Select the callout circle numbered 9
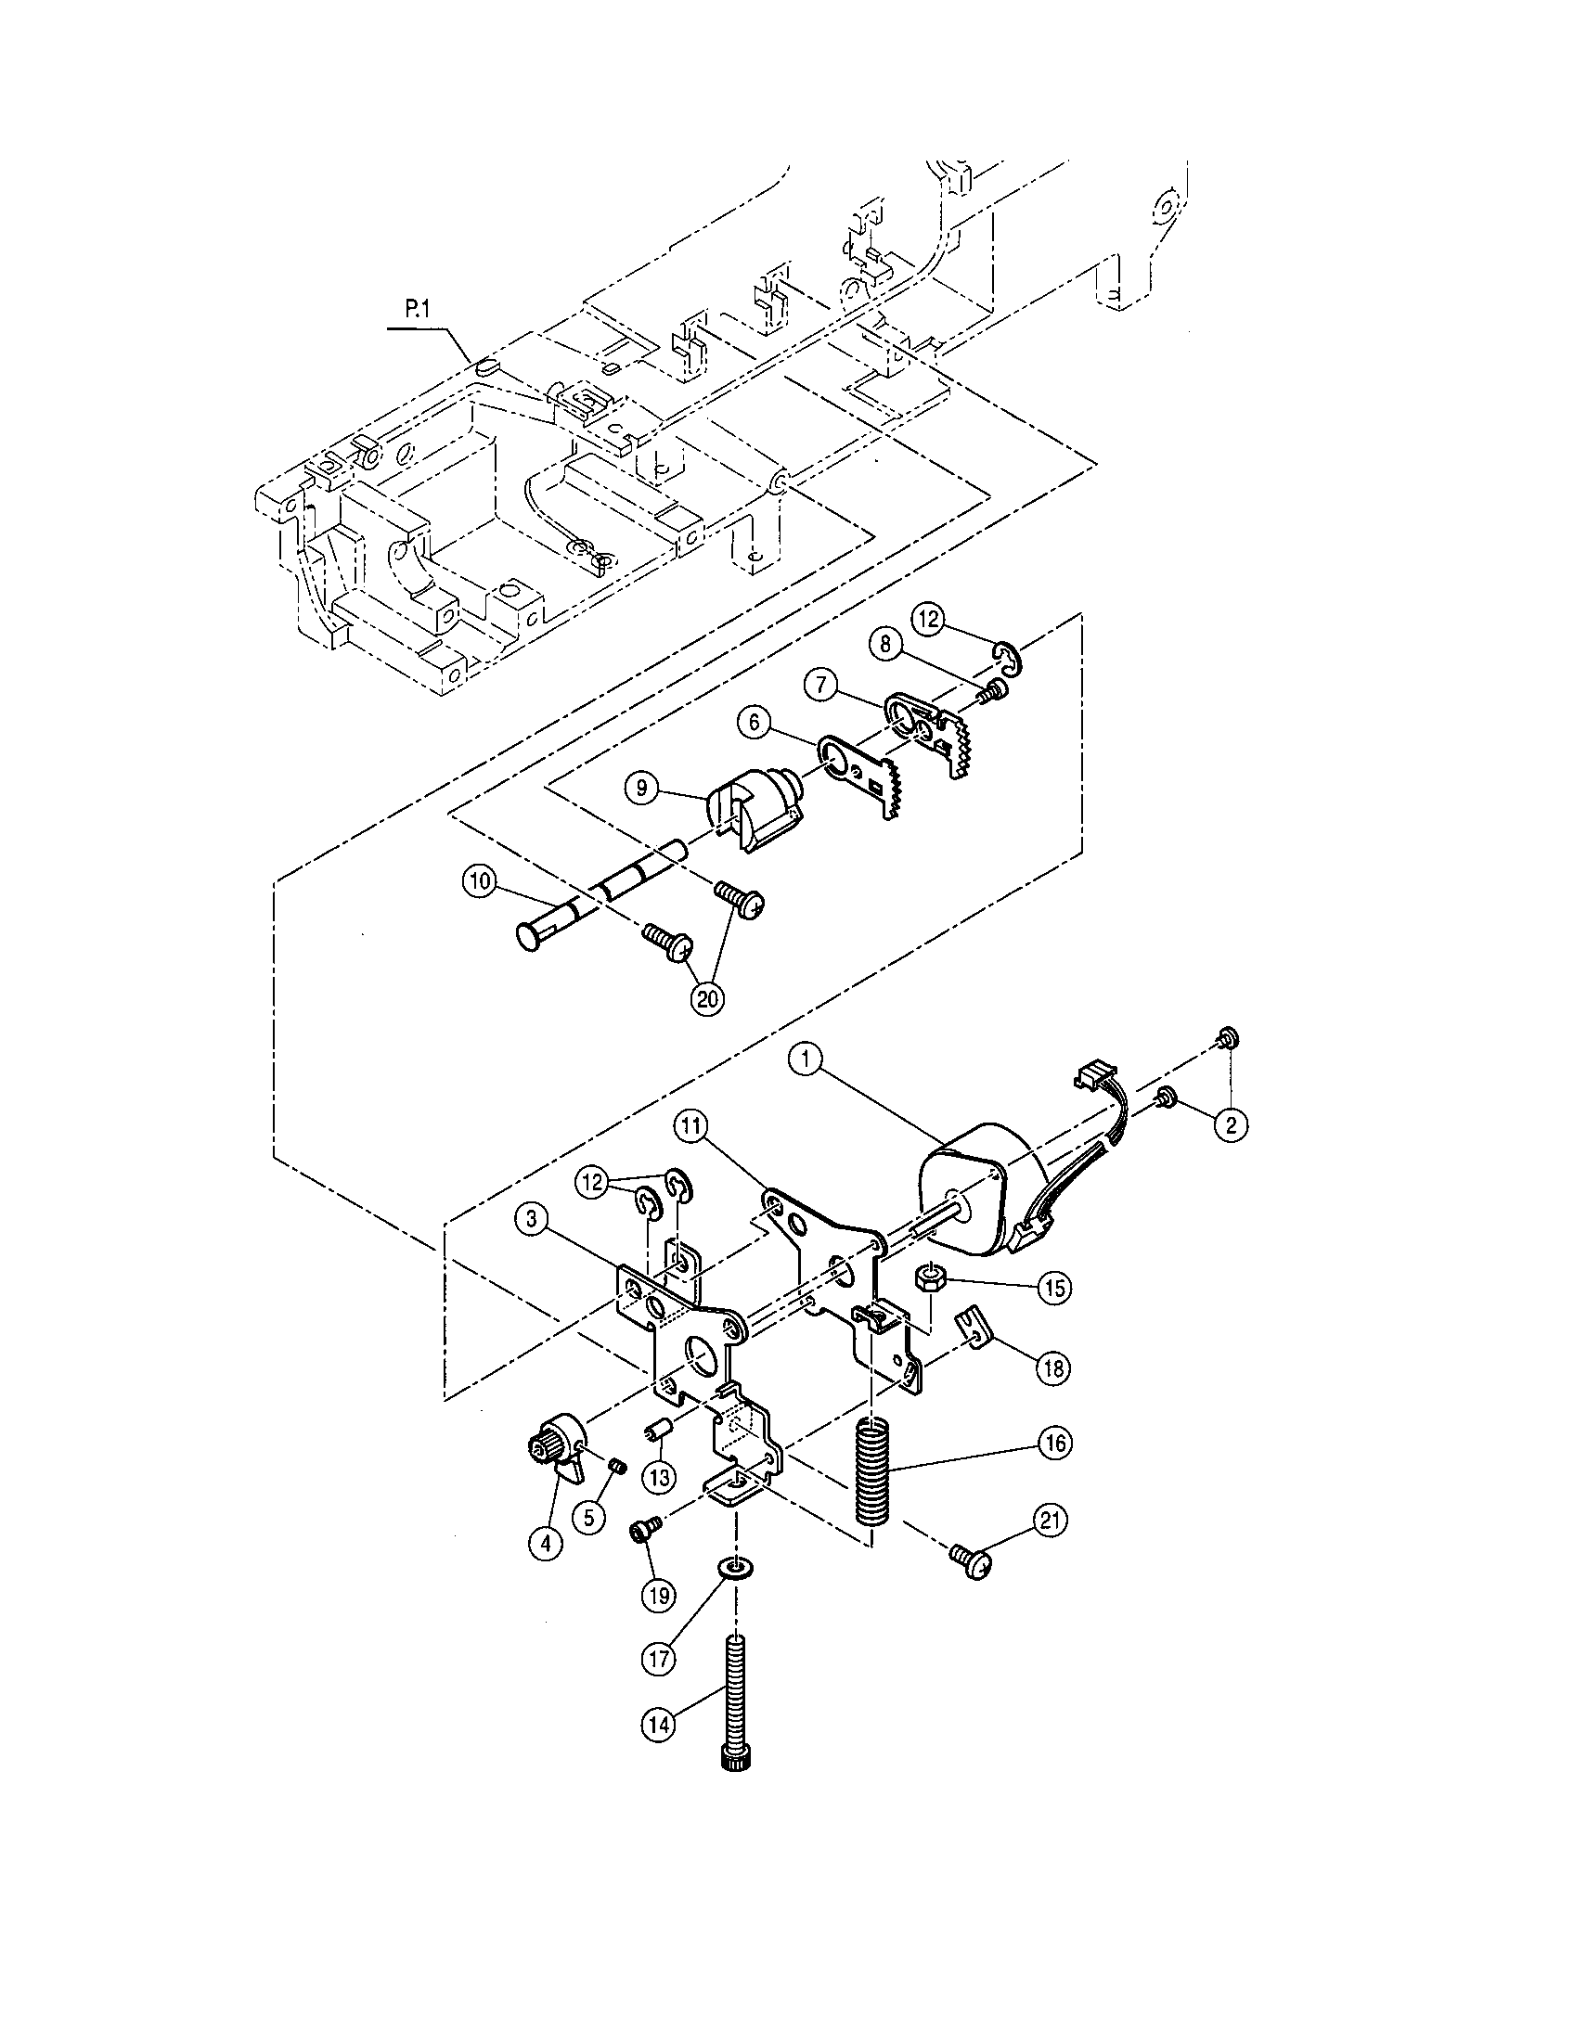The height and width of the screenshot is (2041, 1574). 641,788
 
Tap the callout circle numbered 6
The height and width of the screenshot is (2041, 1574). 754,723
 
